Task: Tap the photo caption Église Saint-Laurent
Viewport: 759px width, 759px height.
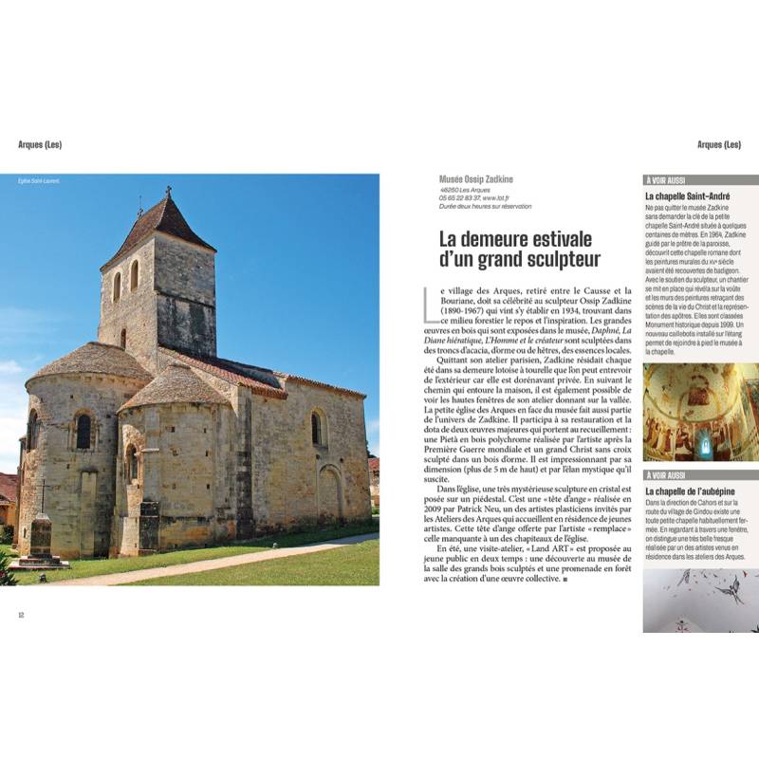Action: click(x=39, y=181)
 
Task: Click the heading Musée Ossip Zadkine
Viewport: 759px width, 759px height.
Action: click(x=476, y=179)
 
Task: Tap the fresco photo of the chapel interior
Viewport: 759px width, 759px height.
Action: click(x=700, y=412)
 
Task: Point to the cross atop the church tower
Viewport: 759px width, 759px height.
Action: click(x=168, y=192)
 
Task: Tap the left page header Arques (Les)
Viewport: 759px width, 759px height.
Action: click(x=40, y=145)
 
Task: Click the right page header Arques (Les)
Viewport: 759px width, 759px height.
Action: click(x=718, y=145)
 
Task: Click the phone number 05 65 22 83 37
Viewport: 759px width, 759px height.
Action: click(x=465, y=197)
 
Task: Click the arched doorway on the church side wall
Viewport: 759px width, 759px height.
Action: click(x=329, y=493)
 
